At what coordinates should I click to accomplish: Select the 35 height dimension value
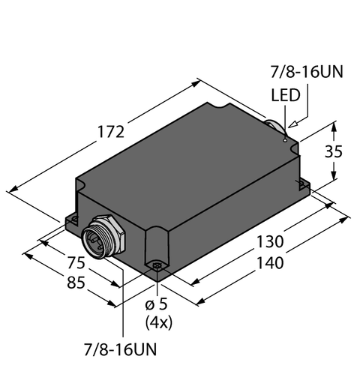click(336, 151)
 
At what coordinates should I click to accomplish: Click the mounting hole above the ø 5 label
click(157, 265)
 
